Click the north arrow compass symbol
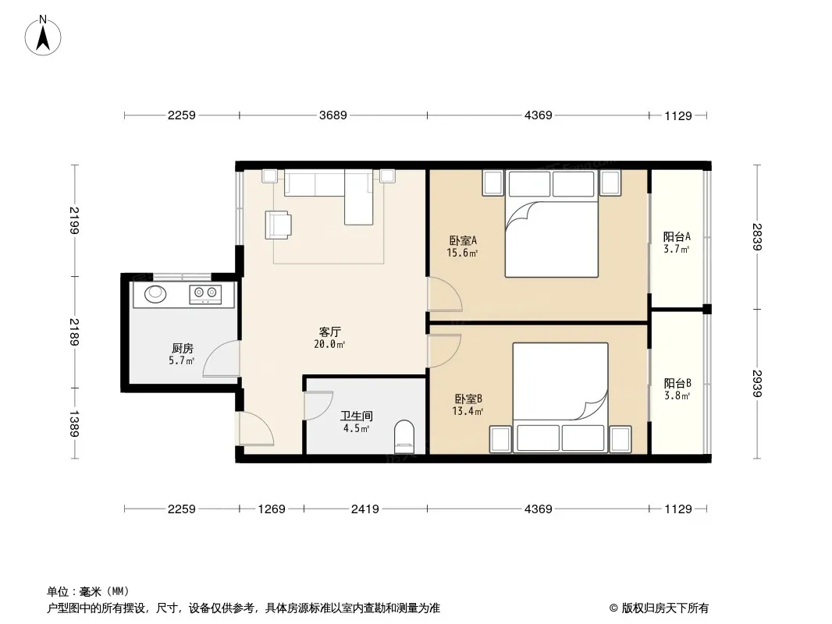(x=43, y=36)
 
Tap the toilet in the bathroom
(x=404, y=437)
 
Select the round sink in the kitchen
(x=155, y=293)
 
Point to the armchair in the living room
(x=279, y=225)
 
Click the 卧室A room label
(x=463, y=240)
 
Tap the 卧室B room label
(x=468, y=399)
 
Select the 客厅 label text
(x=329, y=331)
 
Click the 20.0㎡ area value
(x=329, y=345)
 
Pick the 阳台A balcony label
(x=677, y=237)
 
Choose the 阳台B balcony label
(x=677, y=383)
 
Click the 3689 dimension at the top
(x=332, y=115)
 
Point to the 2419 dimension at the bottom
(x=365, y=509)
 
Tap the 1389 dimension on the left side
(x=73, y=424)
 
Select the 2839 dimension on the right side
(x=757, y=237)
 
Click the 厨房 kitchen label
(x=182, y=349)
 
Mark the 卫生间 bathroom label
(x=356, y=417)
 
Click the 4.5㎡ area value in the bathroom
(x=356, y=428)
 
